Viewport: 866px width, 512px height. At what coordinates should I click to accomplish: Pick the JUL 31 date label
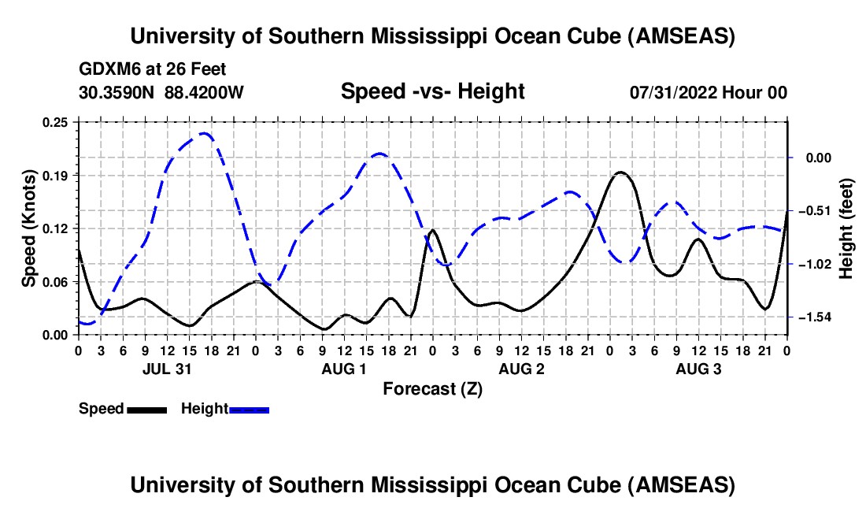(167, 369)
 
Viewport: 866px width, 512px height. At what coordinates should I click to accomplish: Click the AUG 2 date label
(521, 369)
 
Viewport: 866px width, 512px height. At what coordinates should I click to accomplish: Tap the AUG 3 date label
(698, 369)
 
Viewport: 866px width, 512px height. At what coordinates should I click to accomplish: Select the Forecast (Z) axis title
(432, 388)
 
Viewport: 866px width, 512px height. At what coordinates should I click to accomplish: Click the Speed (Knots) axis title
(29, 228)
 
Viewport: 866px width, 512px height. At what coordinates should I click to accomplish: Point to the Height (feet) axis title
(846, 228)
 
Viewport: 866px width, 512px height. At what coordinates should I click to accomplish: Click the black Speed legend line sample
(146, 409)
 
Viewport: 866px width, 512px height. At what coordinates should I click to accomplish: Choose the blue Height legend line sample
(249, 409)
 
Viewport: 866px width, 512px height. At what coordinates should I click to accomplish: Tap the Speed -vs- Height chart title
(432, 91)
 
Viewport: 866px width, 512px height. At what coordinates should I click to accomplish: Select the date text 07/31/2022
(672, 92)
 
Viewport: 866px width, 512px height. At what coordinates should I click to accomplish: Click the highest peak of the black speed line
(620, 172)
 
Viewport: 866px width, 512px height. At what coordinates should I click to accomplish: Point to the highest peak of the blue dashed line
(205, 133)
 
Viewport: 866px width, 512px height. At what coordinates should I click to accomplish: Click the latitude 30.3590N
(117, 92)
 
